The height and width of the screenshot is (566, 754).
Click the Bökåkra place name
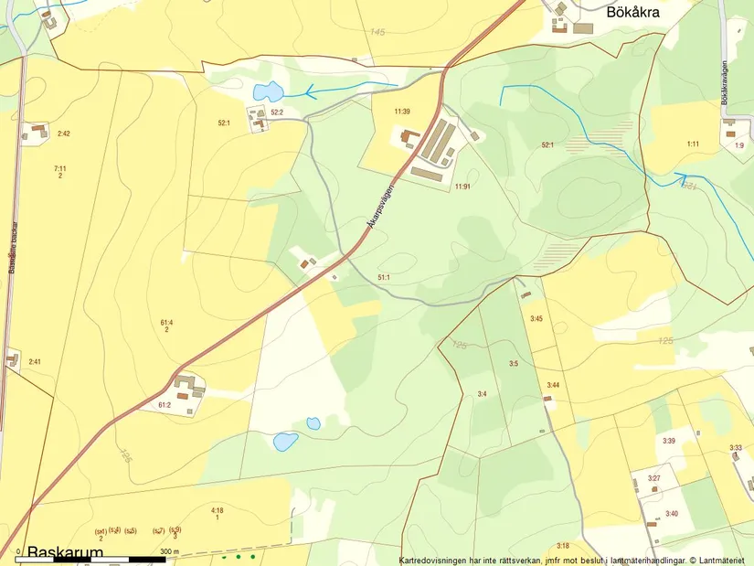(633, 13)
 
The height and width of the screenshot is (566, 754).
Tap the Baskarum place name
(65, 553)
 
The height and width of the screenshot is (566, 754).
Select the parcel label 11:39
(401, 112)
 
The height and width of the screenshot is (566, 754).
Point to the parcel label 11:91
(462, 187)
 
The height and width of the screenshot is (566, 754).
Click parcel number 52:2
(277, 112)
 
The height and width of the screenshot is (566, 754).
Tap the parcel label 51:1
(384, 277)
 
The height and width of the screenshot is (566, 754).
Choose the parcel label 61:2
(165, 404)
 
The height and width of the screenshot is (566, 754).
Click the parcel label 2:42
(63, 134)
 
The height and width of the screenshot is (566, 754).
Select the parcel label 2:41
(35, 362)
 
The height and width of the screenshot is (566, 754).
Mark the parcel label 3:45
(536, 318)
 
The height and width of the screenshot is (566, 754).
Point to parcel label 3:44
(552, 385)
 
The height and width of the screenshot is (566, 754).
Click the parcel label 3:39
(668, 441)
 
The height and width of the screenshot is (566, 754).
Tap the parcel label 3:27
(654, 478)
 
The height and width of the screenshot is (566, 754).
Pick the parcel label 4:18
(217, 509)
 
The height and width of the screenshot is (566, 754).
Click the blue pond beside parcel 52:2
(267, 91)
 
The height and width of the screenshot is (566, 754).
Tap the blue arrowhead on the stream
(311, 91)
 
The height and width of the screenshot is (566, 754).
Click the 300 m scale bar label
(170, 552)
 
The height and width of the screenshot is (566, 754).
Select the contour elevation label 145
(377, 32)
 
